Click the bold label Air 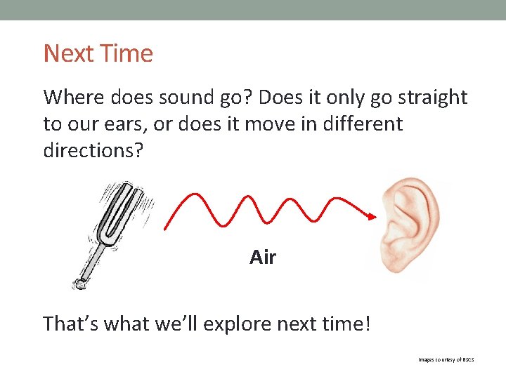pos(263,258)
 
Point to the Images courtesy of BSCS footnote pos(446,359)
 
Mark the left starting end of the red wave pos(165,228)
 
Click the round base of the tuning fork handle pos(79,284)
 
